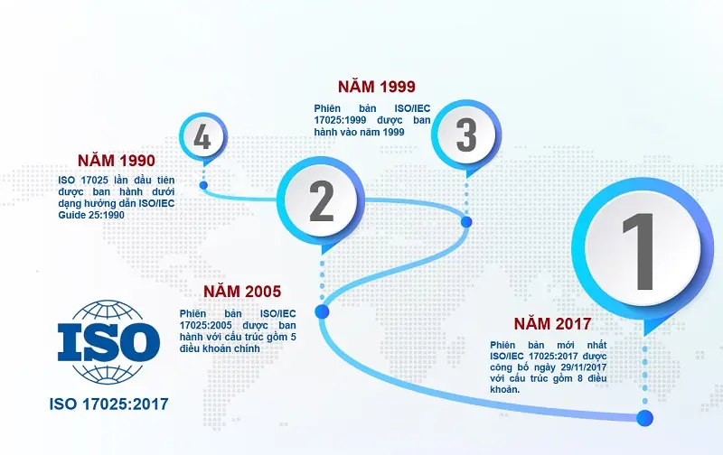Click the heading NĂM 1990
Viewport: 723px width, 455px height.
116,161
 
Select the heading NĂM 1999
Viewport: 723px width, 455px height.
376,87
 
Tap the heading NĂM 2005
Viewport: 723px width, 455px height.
242,292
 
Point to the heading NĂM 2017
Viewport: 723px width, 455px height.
552,323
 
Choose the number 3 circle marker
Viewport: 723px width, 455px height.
465,135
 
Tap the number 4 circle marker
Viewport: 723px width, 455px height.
202,138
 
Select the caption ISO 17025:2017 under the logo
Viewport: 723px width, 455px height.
108,403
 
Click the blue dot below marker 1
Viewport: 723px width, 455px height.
644,418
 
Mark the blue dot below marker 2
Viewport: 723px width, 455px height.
321,312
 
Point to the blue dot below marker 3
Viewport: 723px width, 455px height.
466,221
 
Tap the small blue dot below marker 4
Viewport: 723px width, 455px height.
203,185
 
